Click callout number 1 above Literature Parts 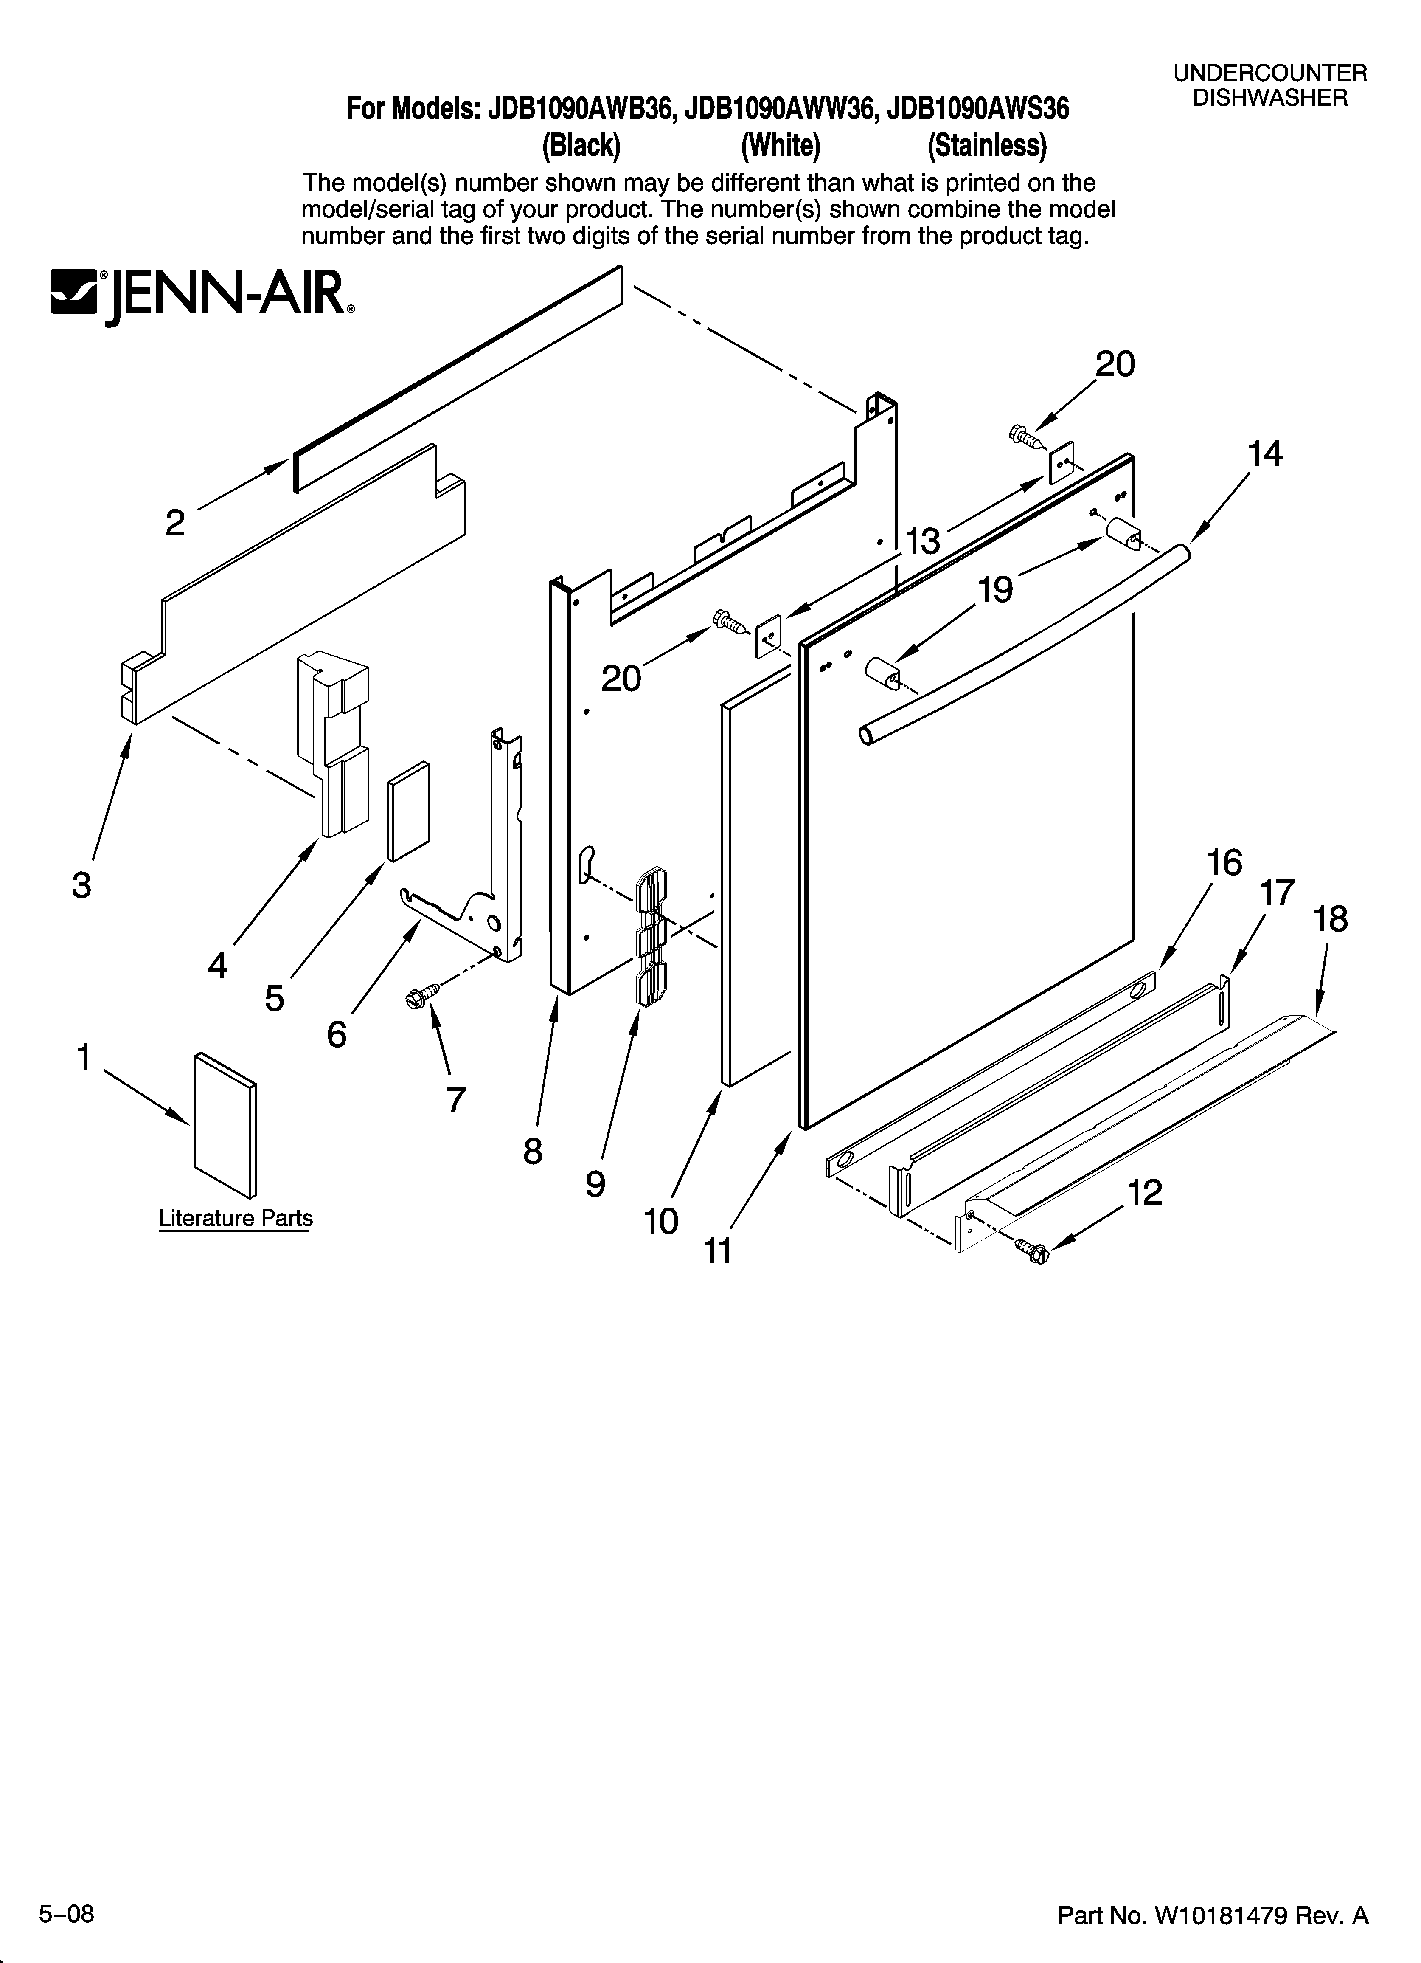coord(84,1057)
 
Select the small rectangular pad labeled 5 coord(407,811)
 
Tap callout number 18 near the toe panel coord(1330,919)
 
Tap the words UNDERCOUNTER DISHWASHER coord(1269,86)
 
